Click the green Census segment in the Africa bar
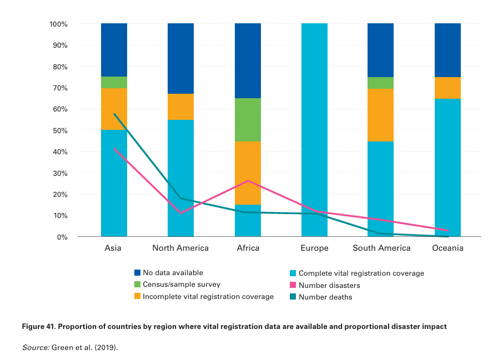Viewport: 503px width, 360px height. (248, 120)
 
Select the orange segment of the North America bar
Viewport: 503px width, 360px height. (180, 107)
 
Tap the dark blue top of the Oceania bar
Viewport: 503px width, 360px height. (447, 50)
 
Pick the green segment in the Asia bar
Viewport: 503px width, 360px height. (114, 82)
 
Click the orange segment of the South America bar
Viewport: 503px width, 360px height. (381, 115)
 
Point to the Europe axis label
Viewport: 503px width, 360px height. (314, 248)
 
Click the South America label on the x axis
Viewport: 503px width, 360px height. (381, 248)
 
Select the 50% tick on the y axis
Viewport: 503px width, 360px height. (58, 131)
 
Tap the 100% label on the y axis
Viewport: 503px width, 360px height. (58, 24)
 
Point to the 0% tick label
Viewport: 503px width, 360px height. (61, 237)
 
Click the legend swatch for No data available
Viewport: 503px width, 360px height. (138, 273)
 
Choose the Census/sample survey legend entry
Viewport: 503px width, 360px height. (173, 285)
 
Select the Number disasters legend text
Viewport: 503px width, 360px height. (329, 285)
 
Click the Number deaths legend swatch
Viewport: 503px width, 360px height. (293, 297)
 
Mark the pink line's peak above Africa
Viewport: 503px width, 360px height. (248, 181)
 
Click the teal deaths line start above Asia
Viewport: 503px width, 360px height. (114, 114)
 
